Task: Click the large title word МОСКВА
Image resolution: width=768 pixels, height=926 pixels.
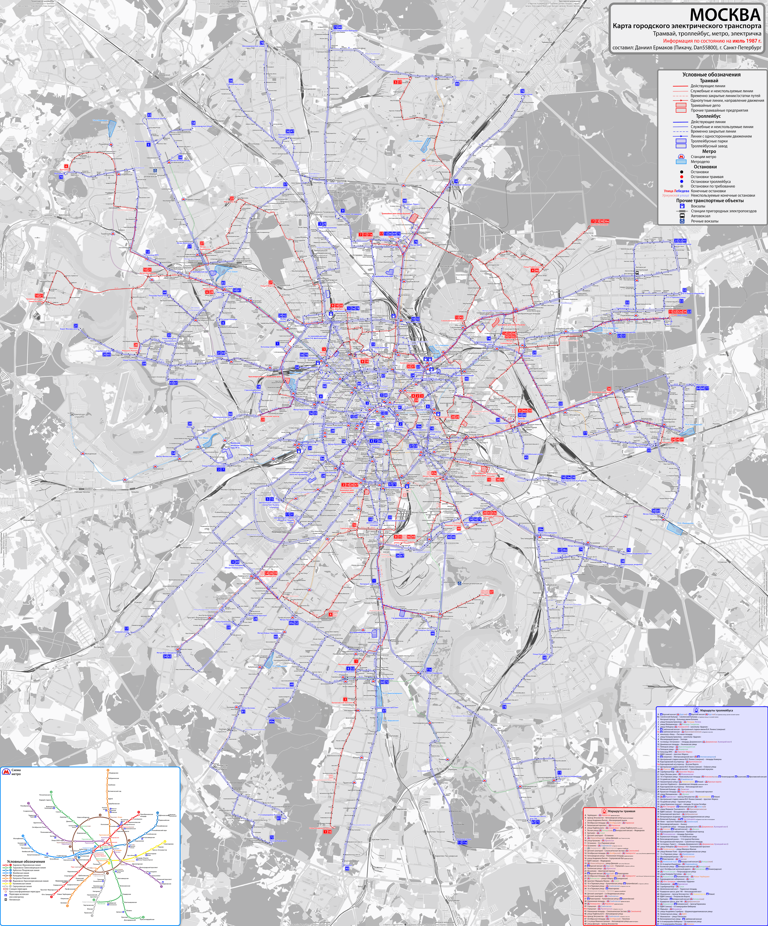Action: [x=725, y=15]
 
